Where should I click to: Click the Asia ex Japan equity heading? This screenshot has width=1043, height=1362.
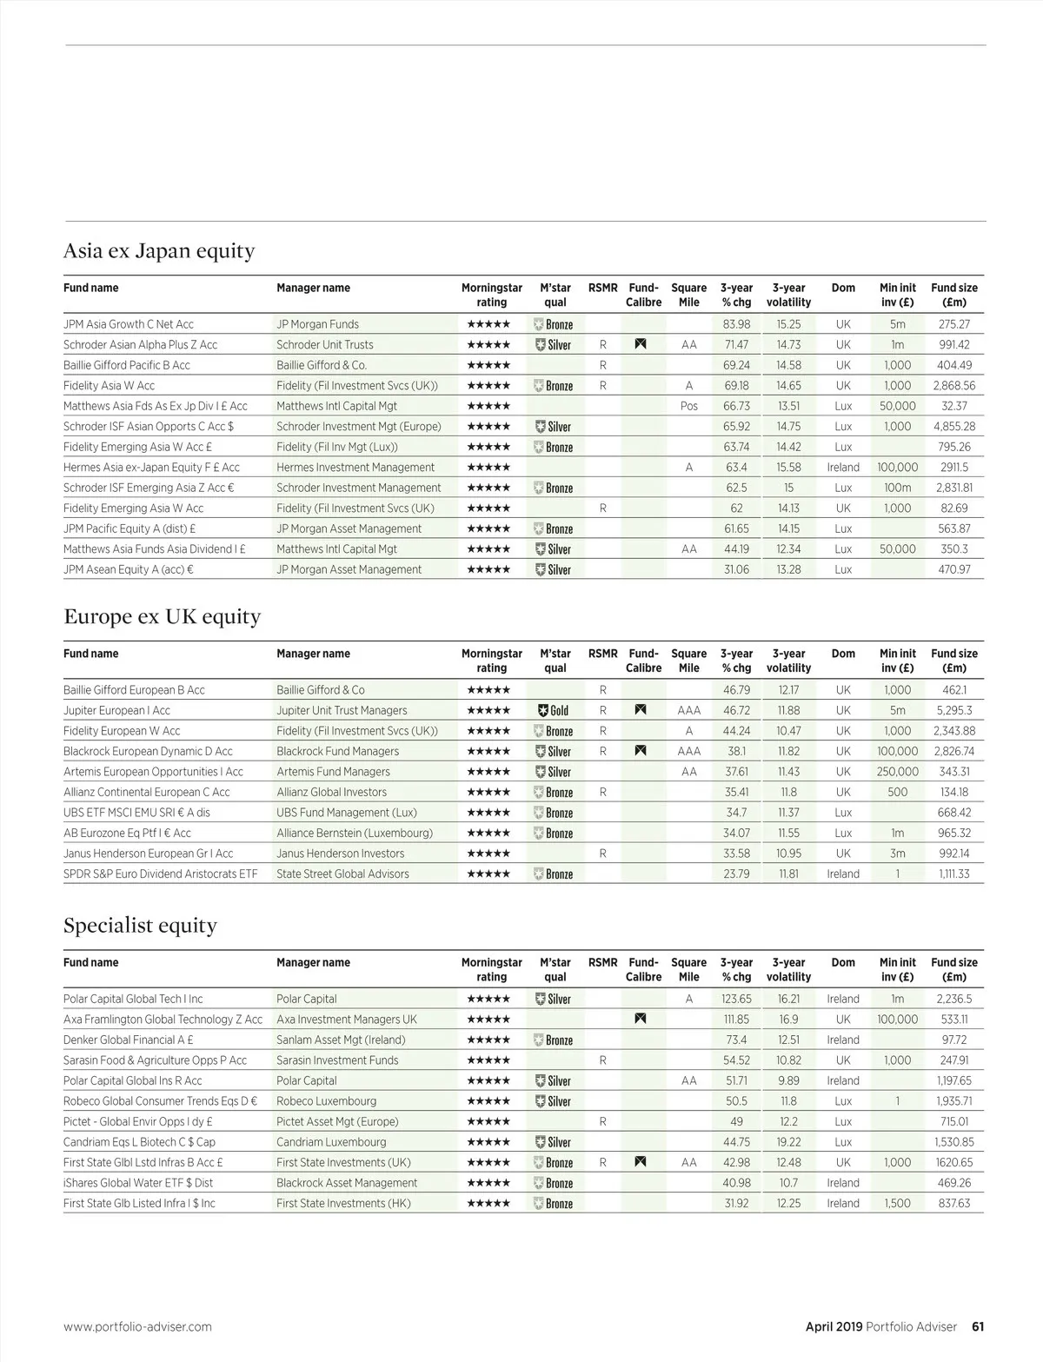coord(159,251)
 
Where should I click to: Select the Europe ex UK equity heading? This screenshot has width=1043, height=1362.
coord(162,617)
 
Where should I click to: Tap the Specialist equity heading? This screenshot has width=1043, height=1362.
coord(140,926)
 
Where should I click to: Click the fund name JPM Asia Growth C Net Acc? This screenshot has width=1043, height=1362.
coord(129,324)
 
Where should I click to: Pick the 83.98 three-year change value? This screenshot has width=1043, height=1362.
coord(736,324)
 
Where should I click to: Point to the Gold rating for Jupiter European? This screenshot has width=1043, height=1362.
coord(553,710)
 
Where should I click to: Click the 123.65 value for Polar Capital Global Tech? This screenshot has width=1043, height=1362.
coord(736,999)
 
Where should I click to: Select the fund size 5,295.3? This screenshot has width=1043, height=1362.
coord(954,710)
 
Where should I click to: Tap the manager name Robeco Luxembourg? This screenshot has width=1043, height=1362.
coord(326,1101)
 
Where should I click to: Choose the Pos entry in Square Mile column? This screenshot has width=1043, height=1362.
coord(689,406)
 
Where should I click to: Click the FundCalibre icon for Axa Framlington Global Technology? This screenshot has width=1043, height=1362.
coord(641,1019)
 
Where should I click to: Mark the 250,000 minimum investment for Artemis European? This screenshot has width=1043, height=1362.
coord(897,772)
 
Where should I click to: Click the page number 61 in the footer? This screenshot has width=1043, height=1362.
coord(978,1326)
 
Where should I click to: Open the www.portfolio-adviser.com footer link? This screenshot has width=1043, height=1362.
coord(137,1326)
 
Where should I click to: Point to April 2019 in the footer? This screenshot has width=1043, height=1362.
coord(834,1326)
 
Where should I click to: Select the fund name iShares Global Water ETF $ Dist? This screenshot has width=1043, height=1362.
coord(138,1183)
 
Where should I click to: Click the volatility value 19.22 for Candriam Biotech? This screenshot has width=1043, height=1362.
coord(788,1142)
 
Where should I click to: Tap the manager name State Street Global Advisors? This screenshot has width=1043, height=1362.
coord(342,874)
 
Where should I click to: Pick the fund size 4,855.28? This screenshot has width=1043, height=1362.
coord(954,427)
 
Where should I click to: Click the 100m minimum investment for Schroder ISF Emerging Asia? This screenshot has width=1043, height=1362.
coord(897,488)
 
